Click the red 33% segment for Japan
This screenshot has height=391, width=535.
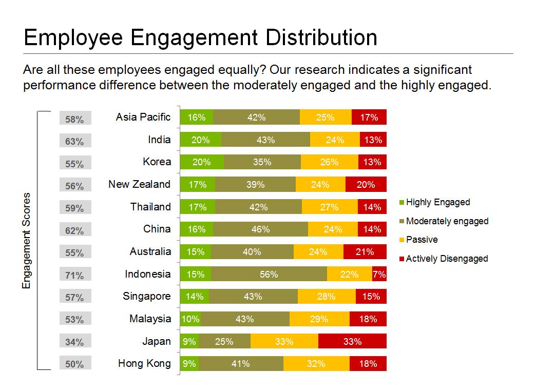coord(352,341)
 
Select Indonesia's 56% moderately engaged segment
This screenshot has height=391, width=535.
coord(269,275)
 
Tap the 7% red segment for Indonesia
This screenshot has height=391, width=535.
coord(379,275)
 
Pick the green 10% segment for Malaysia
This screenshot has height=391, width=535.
coord(190,319)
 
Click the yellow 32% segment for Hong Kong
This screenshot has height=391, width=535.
coord(316,364)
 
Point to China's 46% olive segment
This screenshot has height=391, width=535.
coord(260,229)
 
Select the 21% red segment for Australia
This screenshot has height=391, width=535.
coord(365,252)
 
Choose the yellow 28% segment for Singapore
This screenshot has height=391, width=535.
coord(327,297)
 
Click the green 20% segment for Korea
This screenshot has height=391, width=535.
coord(201,162)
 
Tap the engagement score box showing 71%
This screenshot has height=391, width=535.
coord(75,276)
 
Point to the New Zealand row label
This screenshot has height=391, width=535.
coord(139,184)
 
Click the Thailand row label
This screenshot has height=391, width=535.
coord(150,207)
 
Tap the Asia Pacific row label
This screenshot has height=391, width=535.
coord(143,117)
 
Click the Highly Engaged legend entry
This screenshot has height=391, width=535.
coord(437,202)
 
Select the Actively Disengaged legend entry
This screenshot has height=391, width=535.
coord(446,259)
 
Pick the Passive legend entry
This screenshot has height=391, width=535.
coord(422,240)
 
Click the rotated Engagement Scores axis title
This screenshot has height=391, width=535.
coord(27,241)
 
